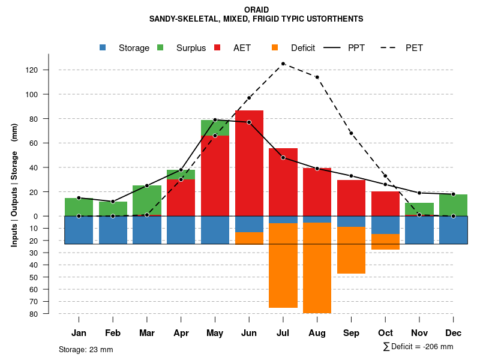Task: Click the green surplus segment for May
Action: [x=215, y=128]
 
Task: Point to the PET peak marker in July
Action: [x=283, y=64]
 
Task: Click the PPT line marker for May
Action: [x=215, y=120]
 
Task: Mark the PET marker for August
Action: [x=317, y=77]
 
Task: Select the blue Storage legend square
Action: [x=103, y=48]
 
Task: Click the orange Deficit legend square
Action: [x=275, y=48]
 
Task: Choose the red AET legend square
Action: [x=217, y=48]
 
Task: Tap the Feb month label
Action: [x=113, y=333]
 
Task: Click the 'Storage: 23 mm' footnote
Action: [x=86, y=349]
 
